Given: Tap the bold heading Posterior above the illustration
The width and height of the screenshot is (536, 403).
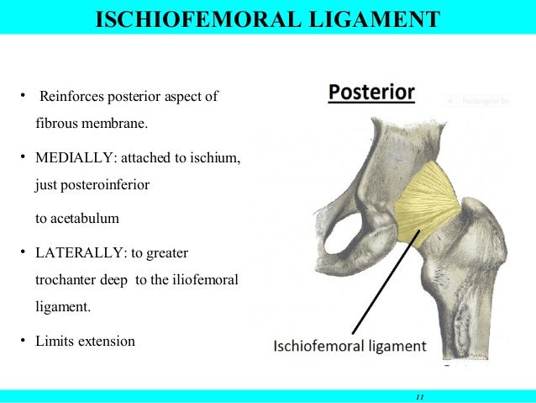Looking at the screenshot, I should point(370,92).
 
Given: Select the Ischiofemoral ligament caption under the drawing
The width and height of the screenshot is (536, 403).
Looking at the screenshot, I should point(349,346).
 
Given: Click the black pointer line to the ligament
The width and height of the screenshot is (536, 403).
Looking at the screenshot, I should point(382,290).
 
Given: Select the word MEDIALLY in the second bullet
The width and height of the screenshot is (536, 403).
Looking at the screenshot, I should point(71,156).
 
